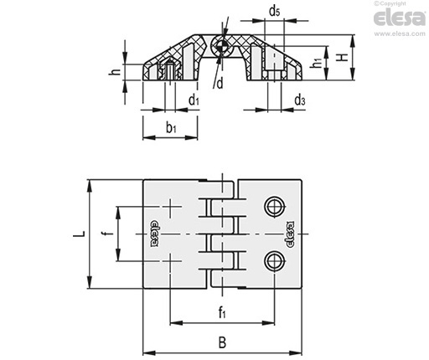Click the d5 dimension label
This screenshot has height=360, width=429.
274,12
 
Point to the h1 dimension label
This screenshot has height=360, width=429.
317,63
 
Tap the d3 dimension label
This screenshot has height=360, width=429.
300,100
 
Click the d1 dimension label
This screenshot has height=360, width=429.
194,100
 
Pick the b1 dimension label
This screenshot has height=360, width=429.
171,128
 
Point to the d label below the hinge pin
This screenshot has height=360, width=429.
220,83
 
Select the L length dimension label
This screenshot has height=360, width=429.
79,234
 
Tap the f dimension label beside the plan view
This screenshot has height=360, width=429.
110,234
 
